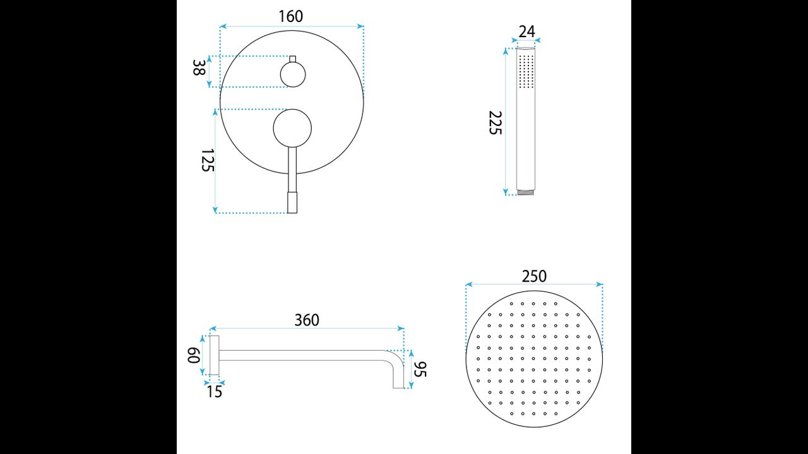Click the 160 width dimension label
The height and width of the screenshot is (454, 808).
click(291, 16)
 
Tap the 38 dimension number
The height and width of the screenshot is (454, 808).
click(199, 67)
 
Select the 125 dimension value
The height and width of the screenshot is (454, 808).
click(208, 160)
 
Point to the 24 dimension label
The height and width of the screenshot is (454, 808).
click(526, 32)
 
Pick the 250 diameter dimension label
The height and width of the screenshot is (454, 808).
click(534, 276)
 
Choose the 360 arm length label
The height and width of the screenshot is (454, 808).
click(307, 320)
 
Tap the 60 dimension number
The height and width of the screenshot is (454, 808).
click(194, 355)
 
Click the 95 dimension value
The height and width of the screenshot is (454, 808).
click(420, 370)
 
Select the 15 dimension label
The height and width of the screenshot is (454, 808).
click(214, 392)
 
